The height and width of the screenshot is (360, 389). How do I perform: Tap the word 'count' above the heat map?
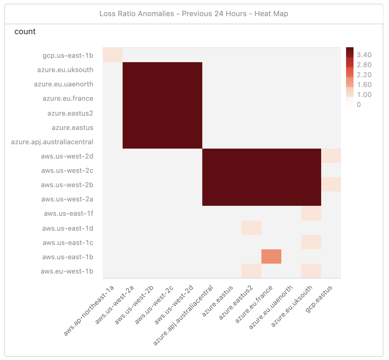click(x=25, y=32)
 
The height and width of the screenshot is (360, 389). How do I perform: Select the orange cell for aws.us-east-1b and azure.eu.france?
click(x=271, y=256)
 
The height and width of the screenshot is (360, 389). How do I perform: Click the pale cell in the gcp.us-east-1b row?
click(x=113, y=55)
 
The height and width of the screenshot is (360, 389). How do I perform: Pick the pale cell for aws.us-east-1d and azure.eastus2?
click(x=251, y=228)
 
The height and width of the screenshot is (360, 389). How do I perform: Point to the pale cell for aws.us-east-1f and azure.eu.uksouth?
click(x=311, y=214)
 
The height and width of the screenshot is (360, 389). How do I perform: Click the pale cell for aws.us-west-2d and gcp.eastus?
click(x=331, y=156)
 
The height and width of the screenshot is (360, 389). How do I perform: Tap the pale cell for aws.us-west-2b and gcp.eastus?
click(x=331, y=184)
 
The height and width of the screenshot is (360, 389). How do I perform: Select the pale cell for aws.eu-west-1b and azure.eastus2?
click(x=251, y=271)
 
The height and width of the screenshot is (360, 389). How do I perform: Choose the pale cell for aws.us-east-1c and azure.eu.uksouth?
click(x=311, y=242)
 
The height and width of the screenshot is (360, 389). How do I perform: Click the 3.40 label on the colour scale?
click(x=364, y=55)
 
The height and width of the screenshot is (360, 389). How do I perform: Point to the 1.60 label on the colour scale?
click(x=364, y=85)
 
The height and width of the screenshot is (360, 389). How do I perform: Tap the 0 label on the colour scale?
click(x=359, y=105)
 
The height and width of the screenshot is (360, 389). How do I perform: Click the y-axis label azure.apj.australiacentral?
click(x=52, y=142)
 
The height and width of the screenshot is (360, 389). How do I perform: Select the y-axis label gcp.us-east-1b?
click(x=68, y=56)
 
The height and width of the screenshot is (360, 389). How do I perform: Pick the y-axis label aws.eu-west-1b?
click(x=67, y=271)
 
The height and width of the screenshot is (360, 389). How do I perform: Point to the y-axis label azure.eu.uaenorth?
click(x=63, y=84)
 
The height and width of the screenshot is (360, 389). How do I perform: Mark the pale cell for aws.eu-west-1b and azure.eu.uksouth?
click(x=311, y=271)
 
